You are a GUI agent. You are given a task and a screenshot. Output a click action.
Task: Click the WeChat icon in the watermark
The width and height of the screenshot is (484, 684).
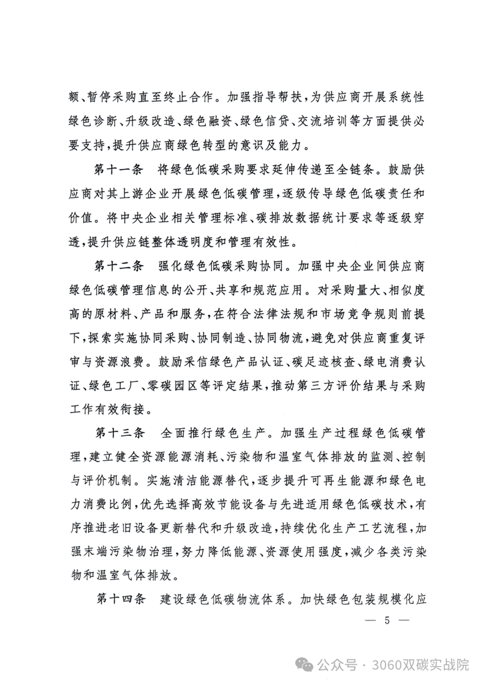coord(305,664)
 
